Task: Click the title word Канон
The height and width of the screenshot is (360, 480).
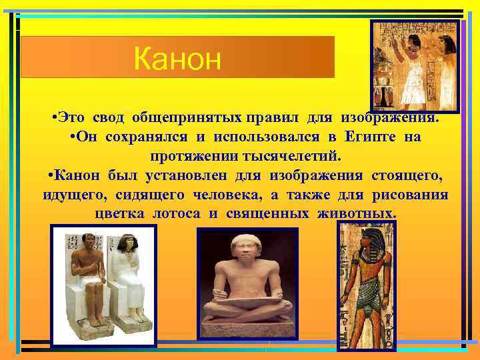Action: (177, 59)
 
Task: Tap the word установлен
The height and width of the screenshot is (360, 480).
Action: (183, 175)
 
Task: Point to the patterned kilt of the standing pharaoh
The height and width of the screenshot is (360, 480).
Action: (366, 293)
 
